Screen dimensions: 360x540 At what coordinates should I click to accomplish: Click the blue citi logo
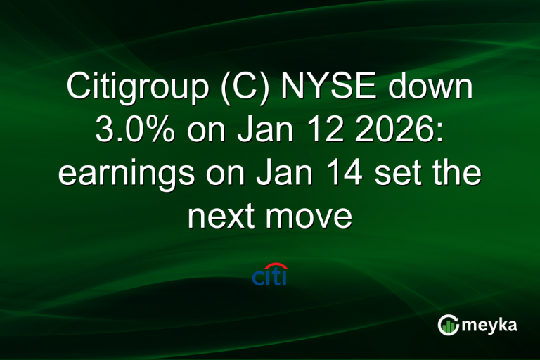point(270,276)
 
